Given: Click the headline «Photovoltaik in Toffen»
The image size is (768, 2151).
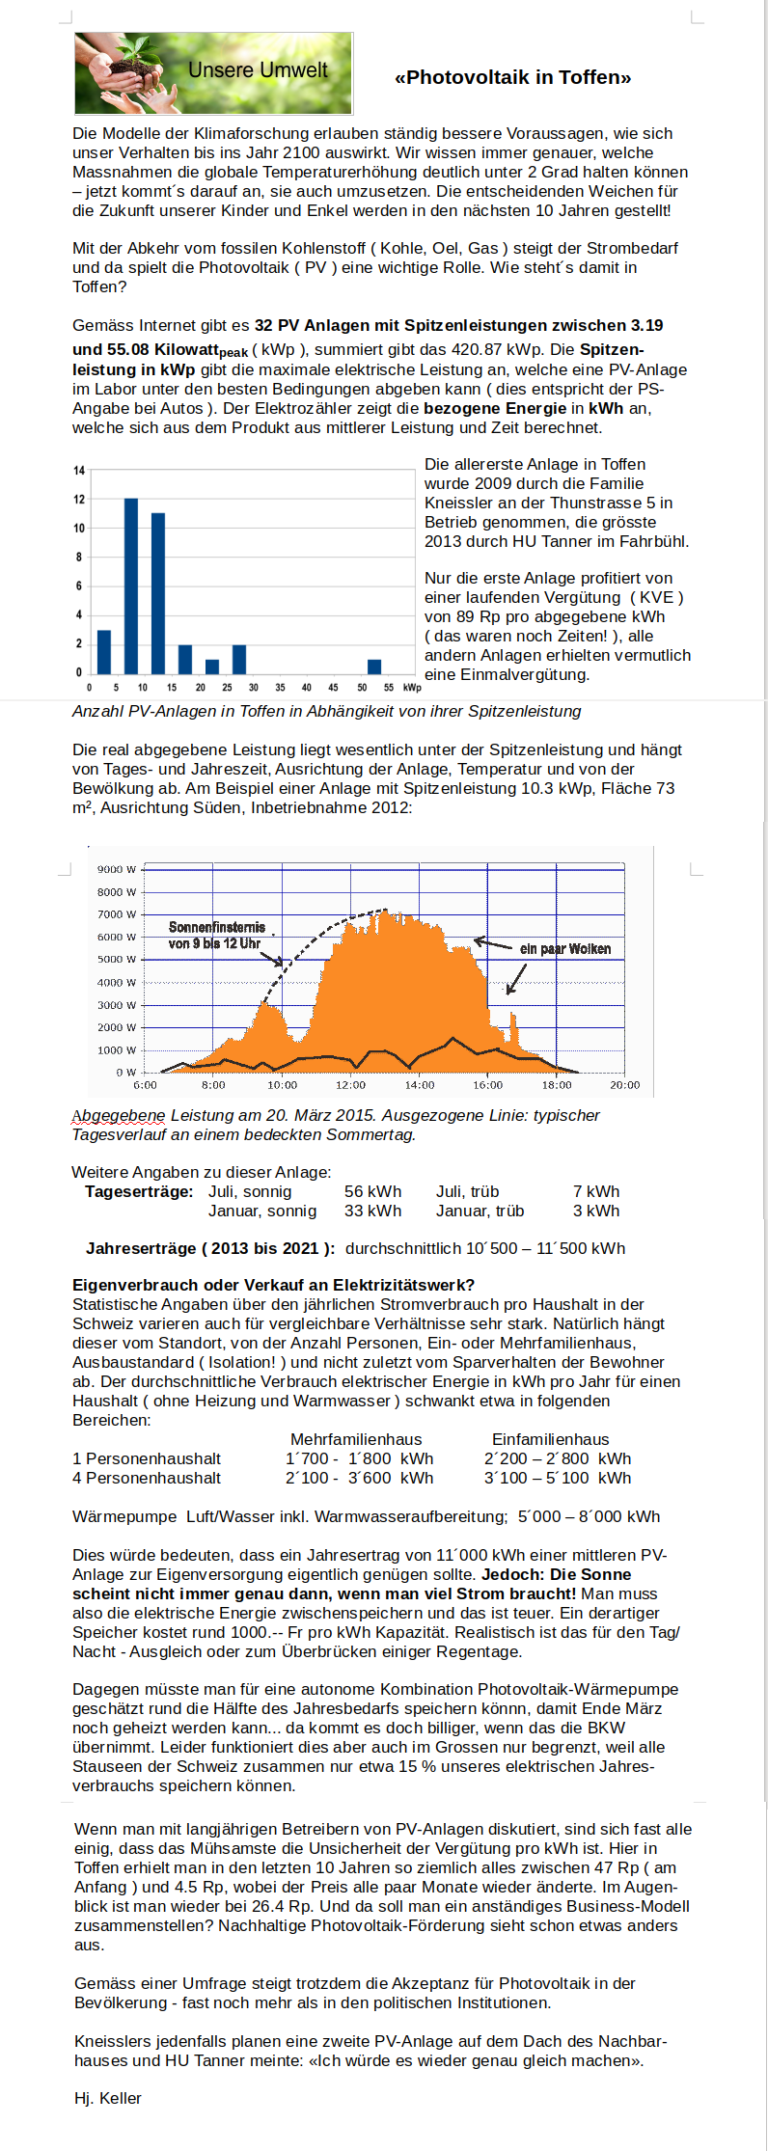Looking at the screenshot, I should [512, 78].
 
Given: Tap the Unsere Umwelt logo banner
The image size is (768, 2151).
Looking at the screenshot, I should [213, 73].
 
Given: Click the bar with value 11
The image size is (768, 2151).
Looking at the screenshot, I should [158, 592].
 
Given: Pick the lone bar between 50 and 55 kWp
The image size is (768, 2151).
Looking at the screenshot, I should [374, 666].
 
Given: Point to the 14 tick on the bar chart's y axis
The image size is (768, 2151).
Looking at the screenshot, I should [79, 471].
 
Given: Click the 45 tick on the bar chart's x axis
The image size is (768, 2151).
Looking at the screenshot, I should [333, 688].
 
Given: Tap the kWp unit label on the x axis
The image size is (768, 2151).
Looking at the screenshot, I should [412, 688].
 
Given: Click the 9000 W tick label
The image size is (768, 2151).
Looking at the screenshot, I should [116, 869].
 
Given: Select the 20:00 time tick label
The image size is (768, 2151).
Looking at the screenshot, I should [624, 1085].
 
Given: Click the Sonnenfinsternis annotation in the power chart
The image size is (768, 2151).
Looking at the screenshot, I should [216, 935].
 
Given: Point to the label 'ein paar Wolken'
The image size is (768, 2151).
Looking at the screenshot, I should [564, 949].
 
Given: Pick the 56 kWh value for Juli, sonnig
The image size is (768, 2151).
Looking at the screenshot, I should [372, 1191].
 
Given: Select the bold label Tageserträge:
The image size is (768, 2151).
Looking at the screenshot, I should [139, 1191].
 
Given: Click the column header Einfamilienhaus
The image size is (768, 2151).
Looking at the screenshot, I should [550, 1439].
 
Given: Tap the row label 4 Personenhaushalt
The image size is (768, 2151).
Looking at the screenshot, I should [147, 1478].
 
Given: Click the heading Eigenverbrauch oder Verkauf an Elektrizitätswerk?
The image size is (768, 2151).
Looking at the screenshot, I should [273, 1285].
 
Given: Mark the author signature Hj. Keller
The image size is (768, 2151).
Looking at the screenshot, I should [108, 2098].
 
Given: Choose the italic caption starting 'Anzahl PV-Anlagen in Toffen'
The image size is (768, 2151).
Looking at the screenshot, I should [327, 711].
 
